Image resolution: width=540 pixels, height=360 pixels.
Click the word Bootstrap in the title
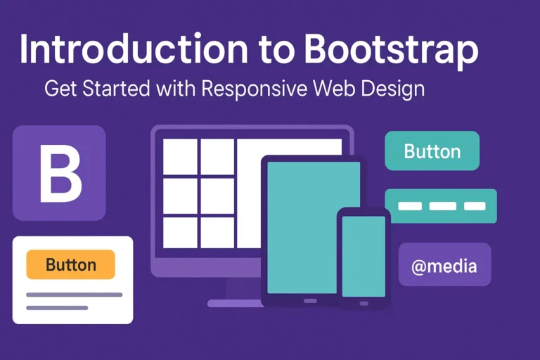click(392, 51)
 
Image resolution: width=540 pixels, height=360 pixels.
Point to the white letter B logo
click(59, 173)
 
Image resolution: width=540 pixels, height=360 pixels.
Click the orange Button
click(70, 265)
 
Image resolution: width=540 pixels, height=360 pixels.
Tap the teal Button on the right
click(432, 151)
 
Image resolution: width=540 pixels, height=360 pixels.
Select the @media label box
click(444, 265)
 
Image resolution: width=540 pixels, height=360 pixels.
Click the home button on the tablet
click(310, 300)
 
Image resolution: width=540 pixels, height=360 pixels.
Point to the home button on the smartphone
click(364, 304)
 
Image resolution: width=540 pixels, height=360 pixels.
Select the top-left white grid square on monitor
click(180, 155)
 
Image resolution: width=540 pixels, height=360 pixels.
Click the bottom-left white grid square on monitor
click(180, 233)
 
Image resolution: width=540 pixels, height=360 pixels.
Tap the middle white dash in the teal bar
click(442, 206)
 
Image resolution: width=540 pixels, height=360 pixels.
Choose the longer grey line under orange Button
click(74, 295)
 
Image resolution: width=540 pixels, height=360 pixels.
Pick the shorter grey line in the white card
click(57, 307)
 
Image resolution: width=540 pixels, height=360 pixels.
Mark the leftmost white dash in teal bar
click(410, 206)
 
